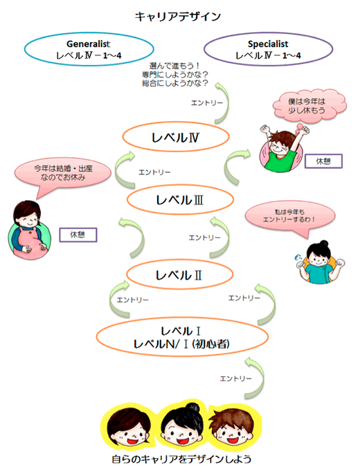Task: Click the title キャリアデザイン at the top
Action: click(x=178, y=17)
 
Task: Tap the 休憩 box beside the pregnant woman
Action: click(x=78, y=235)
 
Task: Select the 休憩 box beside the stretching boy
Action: click(x=323, y=161)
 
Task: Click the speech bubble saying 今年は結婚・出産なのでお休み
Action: click(x=62, y=174)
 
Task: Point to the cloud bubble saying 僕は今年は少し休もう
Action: click(x=309, y=106)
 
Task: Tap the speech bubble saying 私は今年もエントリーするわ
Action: click(x=290, y=216)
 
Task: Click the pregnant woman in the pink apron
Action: click(x=30, y=230)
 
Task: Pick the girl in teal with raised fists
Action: click(x=320, y=262)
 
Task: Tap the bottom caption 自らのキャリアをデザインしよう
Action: click(x=181, y=459)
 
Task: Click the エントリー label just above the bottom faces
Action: click(x=236, y=378)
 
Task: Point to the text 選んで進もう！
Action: click(x=174, y=66)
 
